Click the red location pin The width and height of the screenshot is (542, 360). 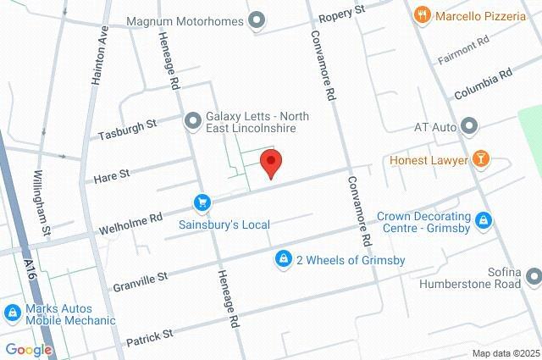pyautogui.click(x=271, y=162)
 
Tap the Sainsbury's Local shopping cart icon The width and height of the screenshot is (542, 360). pyautogui.click(x=202, y=202)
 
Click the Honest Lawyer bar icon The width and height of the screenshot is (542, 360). pyautogui.click(x=482, y=159)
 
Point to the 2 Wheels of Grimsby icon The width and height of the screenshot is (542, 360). pyautogui.click(x=284, y=259)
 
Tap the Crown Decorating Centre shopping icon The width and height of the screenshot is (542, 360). pyautogui.click(x=483, y=222)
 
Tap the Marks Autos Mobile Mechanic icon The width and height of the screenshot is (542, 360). pyautogui.click(x=14, y=313)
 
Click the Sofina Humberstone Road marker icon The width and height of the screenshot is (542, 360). pyautogui.click(x=533, y=276)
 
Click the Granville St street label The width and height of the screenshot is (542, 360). pyautogui.click(x=141, y=277)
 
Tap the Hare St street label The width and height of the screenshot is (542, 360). pyautogui.click(x=112, y=175)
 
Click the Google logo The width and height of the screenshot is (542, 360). pyautogui.click(x=28, y=350)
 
